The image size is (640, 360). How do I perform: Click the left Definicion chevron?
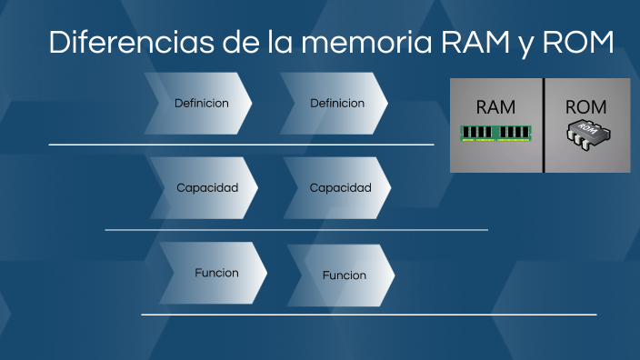[200, 104]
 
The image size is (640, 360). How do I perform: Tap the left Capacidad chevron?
[206, 188]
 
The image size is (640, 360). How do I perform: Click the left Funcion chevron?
[215, 273]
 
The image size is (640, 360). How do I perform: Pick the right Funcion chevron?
[344, 275]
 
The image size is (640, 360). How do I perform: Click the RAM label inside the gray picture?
[495, 106]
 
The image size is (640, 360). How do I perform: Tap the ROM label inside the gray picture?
[585, 106]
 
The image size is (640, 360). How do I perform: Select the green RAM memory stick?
[495, 133]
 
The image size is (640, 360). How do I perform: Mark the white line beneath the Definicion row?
[241, 145]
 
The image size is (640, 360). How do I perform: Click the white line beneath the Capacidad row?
[295, 230]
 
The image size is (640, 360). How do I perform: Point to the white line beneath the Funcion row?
[368, 315]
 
